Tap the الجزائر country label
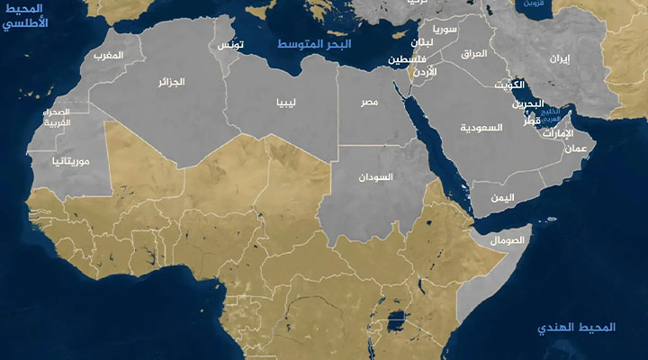coord(171,82)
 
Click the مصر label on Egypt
coord(370,103)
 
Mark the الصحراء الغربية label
coord(64,118)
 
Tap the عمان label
coord(578,148)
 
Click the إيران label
coord(560,58)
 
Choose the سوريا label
coord(444,30)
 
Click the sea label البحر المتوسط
coord(314,44)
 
